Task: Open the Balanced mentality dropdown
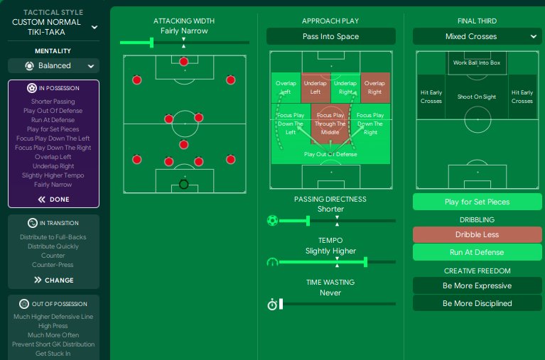[53, 65]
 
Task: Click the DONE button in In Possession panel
[53, 200]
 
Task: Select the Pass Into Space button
[331, 36]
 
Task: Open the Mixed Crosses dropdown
[477, 36]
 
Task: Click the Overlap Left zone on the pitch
[286, 87]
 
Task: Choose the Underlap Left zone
[315, 87]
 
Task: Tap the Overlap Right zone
[375, 87]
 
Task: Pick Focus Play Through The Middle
[330, 124]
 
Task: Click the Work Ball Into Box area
[477, 63]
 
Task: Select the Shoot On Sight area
[477, 97]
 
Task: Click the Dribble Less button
[477, 234]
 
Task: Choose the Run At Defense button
[477, 252]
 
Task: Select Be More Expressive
[477, 285]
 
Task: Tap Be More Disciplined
[477, 303]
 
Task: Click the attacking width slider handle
[151, 43]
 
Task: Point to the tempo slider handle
[366, 262]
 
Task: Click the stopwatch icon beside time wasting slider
[272, 305]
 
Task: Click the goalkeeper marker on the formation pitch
[184, 184]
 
